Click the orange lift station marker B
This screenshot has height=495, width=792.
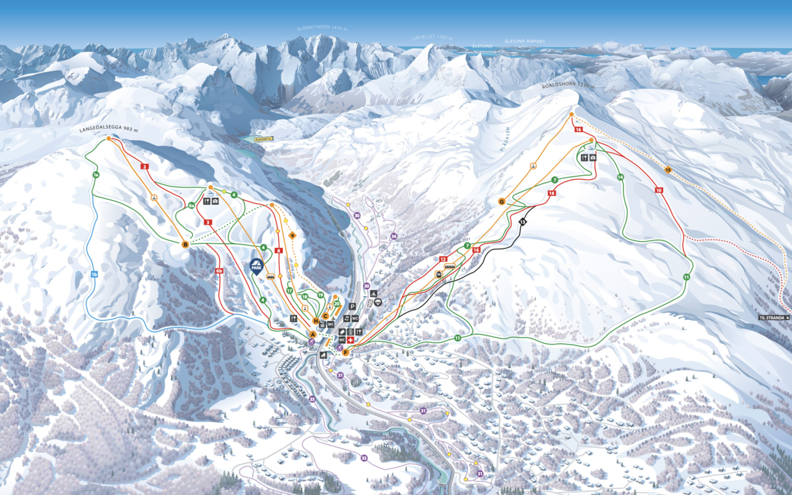[x=185, y=244]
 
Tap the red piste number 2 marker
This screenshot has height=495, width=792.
[x=145, y=166]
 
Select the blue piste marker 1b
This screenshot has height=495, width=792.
[x=94, y=274]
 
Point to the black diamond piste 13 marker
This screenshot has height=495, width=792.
[x=522, y=221]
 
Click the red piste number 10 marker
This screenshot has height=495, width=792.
[x=659, y=191]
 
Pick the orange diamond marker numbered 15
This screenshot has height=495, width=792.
[x=668, y=170]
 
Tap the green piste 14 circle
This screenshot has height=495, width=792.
[x=620, y=177]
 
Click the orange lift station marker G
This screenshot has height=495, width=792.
[x=502, y=202]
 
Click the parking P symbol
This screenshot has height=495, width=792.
[x=353, y=307]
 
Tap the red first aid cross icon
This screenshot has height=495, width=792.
[x=351, y=341]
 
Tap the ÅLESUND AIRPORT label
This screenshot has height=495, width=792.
[x=525, y=41]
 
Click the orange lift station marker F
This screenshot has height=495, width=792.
[x=346, y=353]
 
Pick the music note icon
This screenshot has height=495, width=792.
[x=346, y=319]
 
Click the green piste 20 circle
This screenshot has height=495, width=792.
[x=337, y=304]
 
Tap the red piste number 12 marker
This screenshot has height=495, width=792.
[x=443, y=259]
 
